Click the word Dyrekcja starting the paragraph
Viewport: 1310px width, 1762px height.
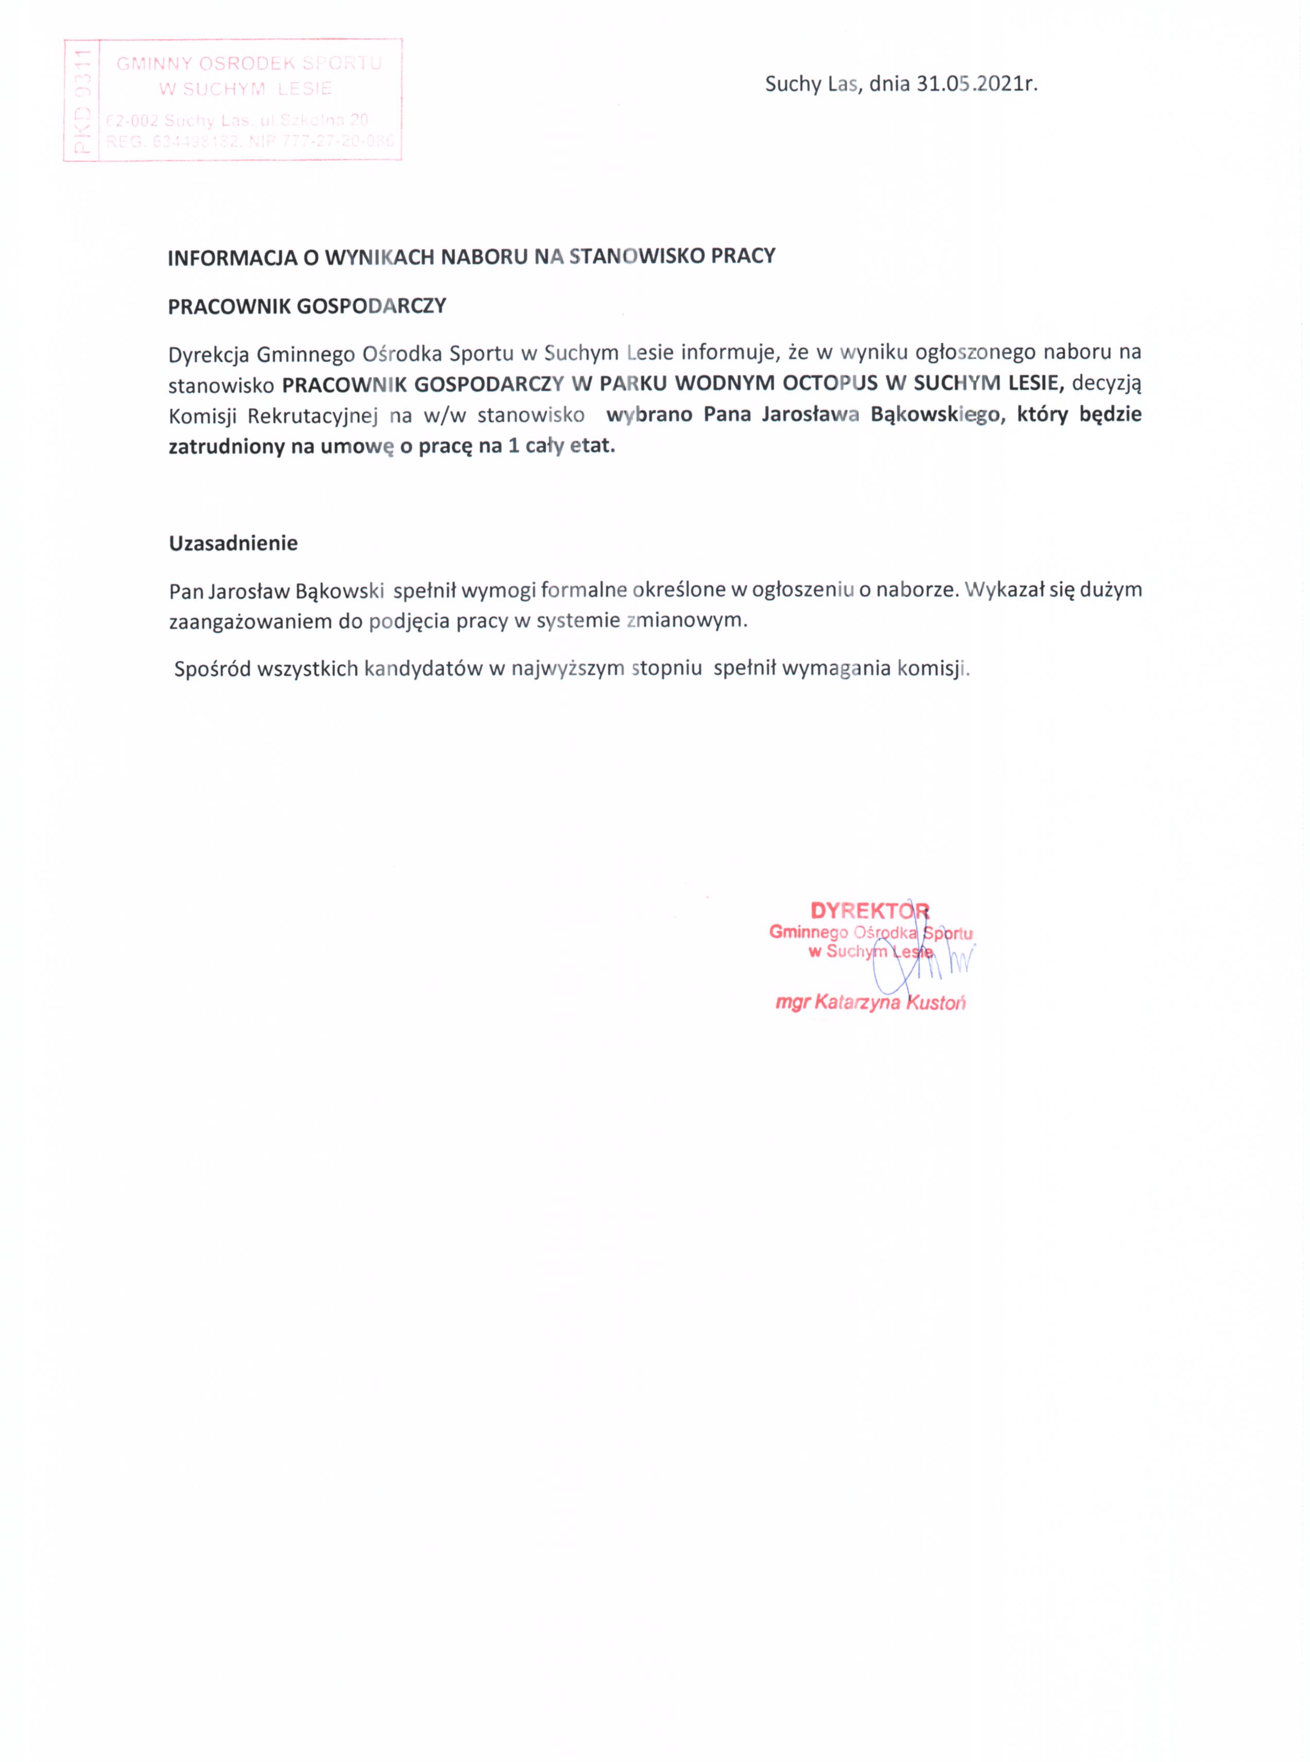point(208,353)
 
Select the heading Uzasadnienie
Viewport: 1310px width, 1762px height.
point(233,543)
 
